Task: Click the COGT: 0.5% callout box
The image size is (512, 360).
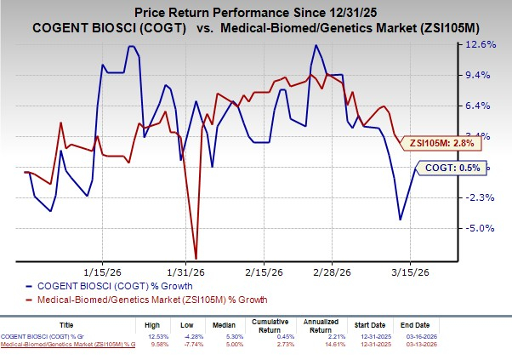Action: [x=458, y=169]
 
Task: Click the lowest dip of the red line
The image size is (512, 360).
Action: [x=196, y=258]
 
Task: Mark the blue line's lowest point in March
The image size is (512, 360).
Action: [x=401, y=220]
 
